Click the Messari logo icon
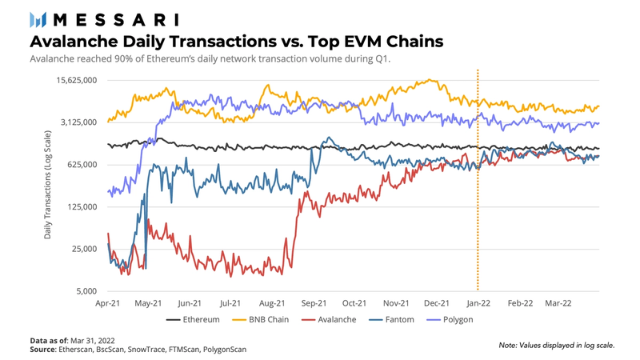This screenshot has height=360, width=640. (x=38, y=19)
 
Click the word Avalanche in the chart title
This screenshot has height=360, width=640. (x=71, y=41)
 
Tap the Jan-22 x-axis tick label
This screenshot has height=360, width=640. (x=478, y=304)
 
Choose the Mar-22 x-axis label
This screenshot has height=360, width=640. (x=558, y=304)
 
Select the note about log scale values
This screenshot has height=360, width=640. (x=556, y=346)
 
